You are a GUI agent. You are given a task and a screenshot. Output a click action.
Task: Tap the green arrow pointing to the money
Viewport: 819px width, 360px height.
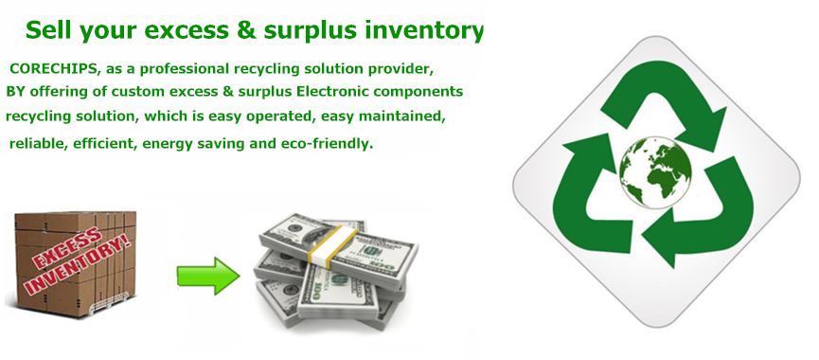tap(208, 276)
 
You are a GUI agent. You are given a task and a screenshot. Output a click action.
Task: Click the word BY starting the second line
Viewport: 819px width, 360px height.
tap(15, 92)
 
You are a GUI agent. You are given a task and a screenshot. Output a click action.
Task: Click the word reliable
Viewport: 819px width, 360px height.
tap(38, 144)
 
